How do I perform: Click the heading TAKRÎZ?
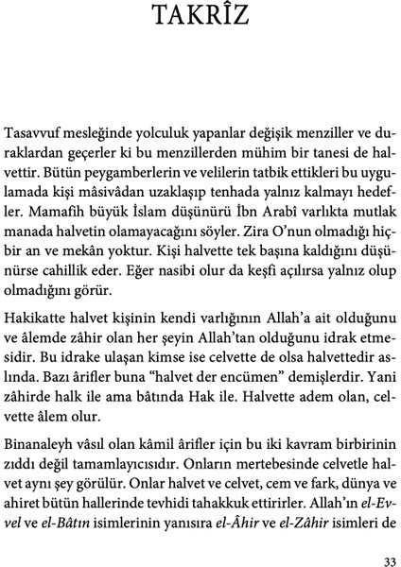(200, 20)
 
